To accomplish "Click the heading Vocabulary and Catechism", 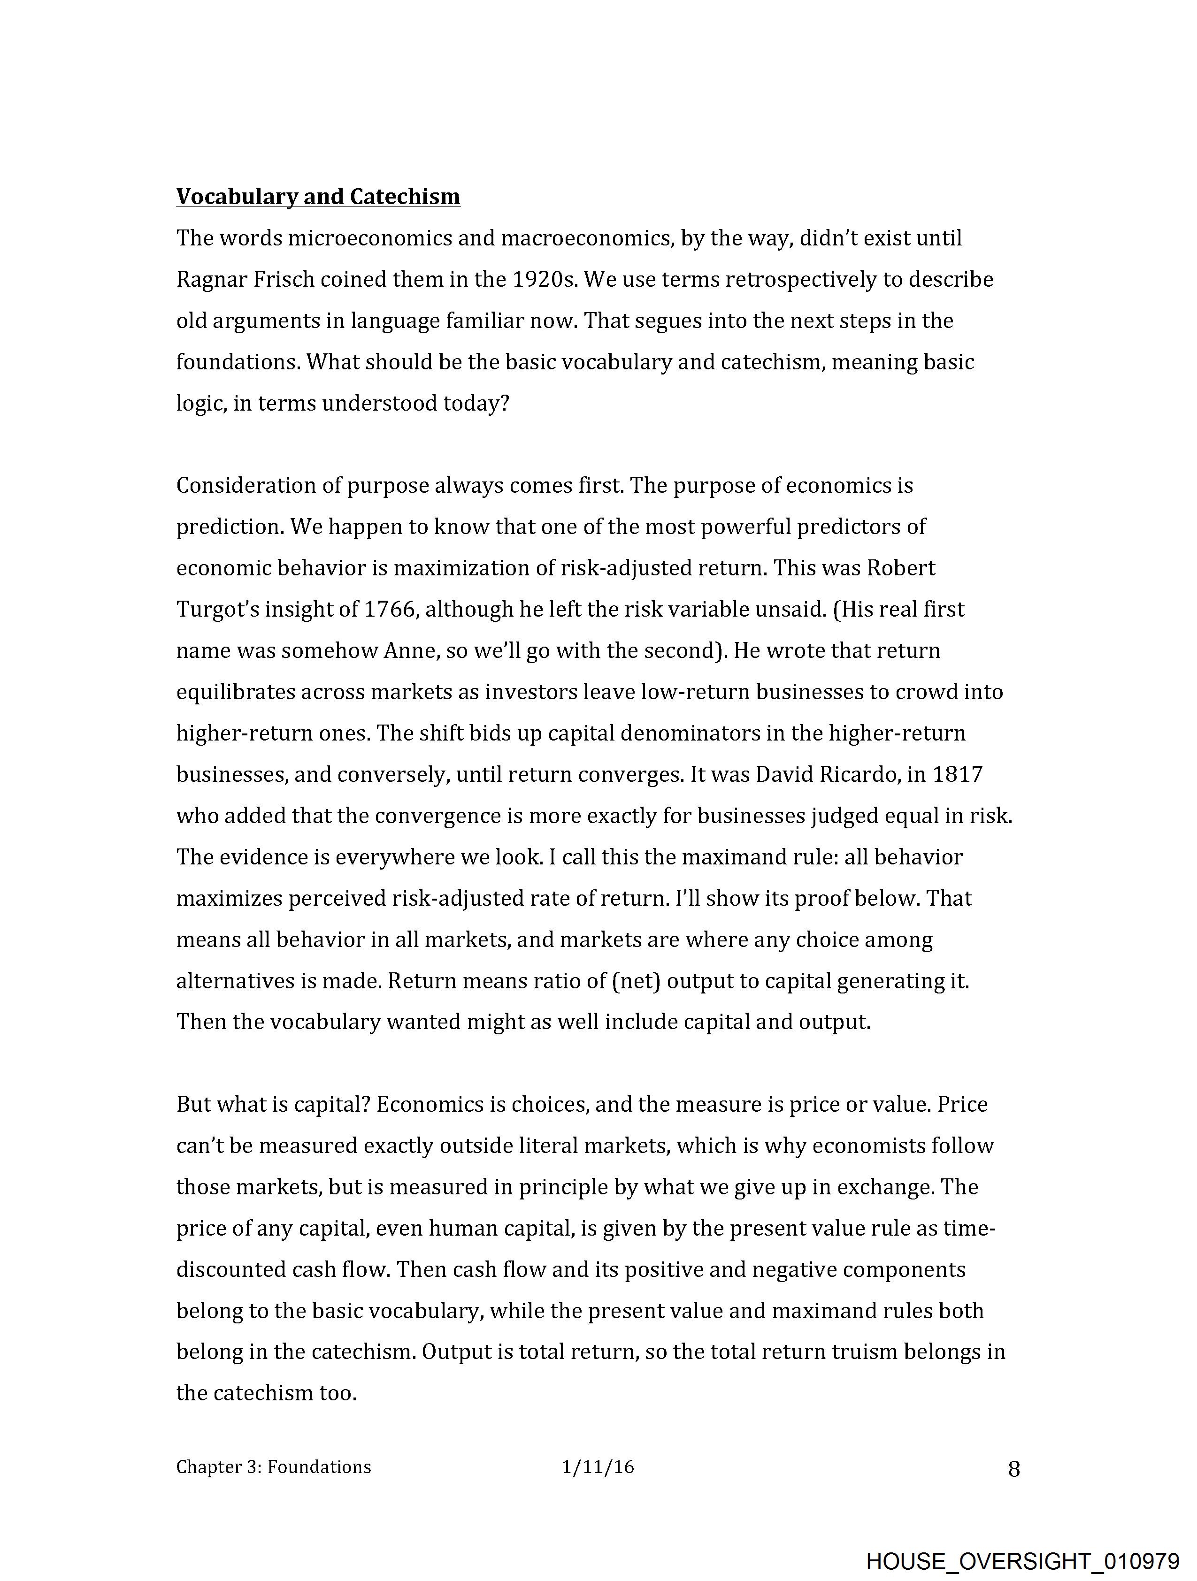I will tap(318, 197).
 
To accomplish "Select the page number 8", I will tap(1013, 1469).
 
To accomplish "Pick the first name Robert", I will tap(900, 568).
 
